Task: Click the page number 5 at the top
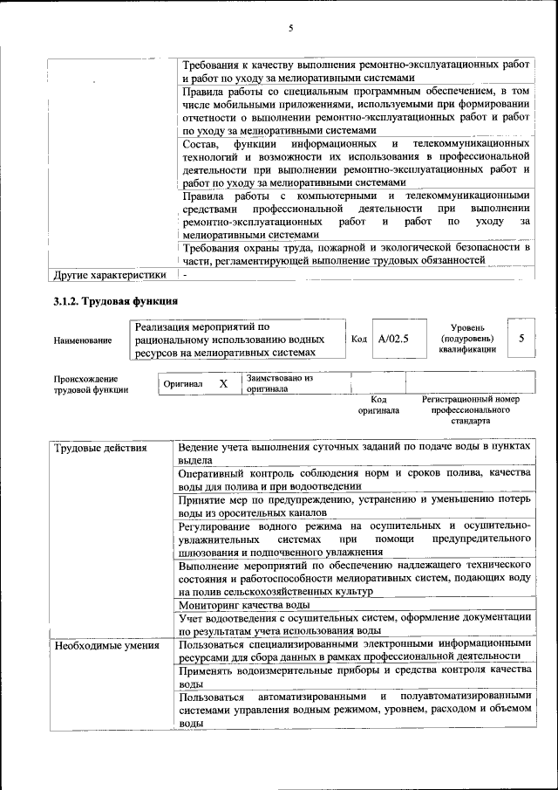pos(291,28)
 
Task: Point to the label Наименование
pos(82,340)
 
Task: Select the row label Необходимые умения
pos(106,646)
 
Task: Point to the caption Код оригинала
pos(378,404)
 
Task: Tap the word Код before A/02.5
pos(358,338)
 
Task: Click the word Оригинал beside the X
pos(183,384)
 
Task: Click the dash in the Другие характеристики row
pos(184,275)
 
